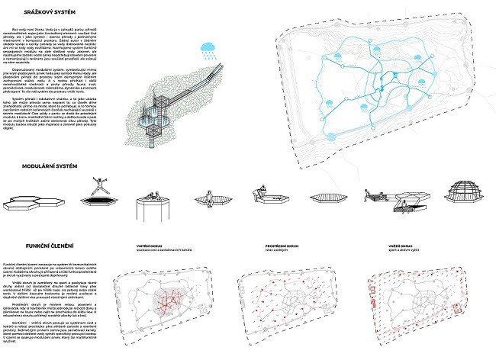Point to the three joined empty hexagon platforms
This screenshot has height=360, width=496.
(28, 201)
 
